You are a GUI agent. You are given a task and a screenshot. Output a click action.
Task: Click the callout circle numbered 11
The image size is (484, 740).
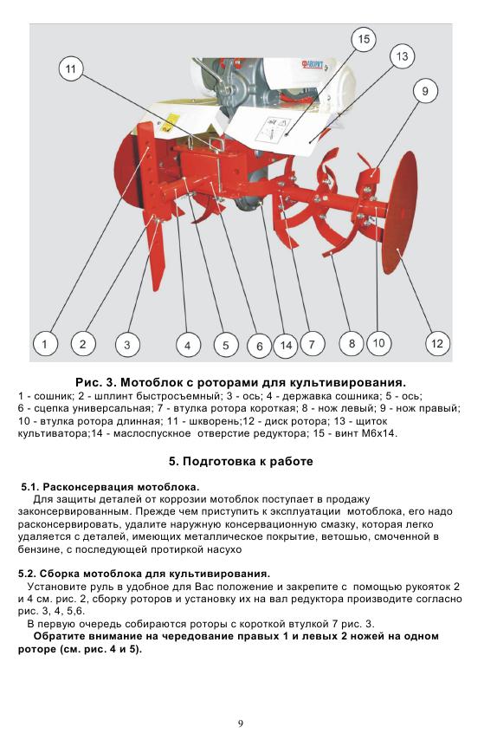[x=70, y=69]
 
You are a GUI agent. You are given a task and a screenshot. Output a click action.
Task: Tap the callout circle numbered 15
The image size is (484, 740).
[x=364, y=39]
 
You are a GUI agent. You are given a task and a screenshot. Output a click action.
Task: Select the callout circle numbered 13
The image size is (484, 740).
[x=402, y=56]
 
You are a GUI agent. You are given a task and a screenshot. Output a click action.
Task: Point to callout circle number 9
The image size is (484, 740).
[x=425, y=91]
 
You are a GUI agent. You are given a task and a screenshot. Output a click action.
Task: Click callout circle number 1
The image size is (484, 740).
[x=45, y=343]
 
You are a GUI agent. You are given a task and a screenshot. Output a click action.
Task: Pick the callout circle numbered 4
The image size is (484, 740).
[x=188, y=345]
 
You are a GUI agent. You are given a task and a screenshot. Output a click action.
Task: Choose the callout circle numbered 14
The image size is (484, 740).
[x=287, y=345]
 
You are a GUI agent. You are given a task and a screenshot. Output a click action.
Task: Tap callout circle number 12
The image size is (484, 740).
[x=437, y=343]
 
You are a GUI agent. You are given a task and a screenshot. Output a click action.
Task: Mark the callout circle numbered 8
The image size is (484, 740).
[x=352, y=343]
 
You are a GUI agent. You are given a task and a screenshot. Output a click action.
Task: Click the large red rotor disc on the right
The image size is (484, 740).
[x=399, y=212]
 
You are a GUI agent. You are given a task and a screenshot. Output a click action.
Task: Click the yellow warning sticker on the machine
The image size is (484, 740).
[x=171, y=122]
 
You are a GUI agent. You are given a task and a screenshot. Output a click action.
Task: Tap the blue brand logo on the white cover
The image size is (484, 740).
[x=312, y=63]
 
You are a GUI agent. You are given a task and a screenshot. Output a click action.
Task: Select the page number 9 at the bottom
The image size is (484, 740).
[x=241, y=724]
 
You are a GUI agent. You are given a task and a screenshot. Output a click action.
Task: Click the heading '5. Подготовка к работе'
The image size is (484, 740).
[x=241, y=461]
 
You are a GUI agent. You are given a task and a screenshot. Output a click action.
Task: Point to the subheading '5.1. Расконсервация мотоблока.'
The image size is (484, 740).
[x=110, y=487]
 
